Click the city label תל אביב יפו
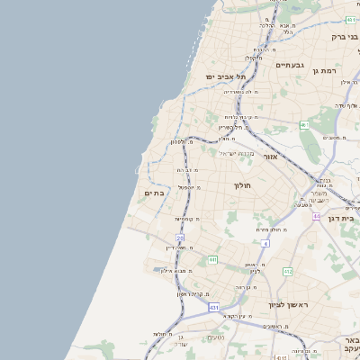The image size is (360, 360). click(229, 77)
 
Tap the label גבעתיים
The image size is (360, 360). click(290, 65)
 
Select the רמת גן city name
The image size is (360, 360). click(324, 69)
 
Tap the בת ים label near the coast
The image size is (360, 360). click(154, 193)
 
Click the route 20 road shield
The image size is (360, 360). click(180, 238)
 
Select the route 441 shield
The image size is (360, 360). click(212, 260)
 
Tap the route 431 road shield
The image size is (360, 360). click(214, 308)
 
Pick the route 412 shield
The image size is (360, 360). click(288, 271)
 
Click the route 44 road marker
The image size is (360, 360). click(317, 216)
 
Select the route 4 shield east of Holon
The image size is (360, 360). click(265, 243)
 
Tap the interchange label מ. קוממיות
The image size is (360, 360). click(186, 218)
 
